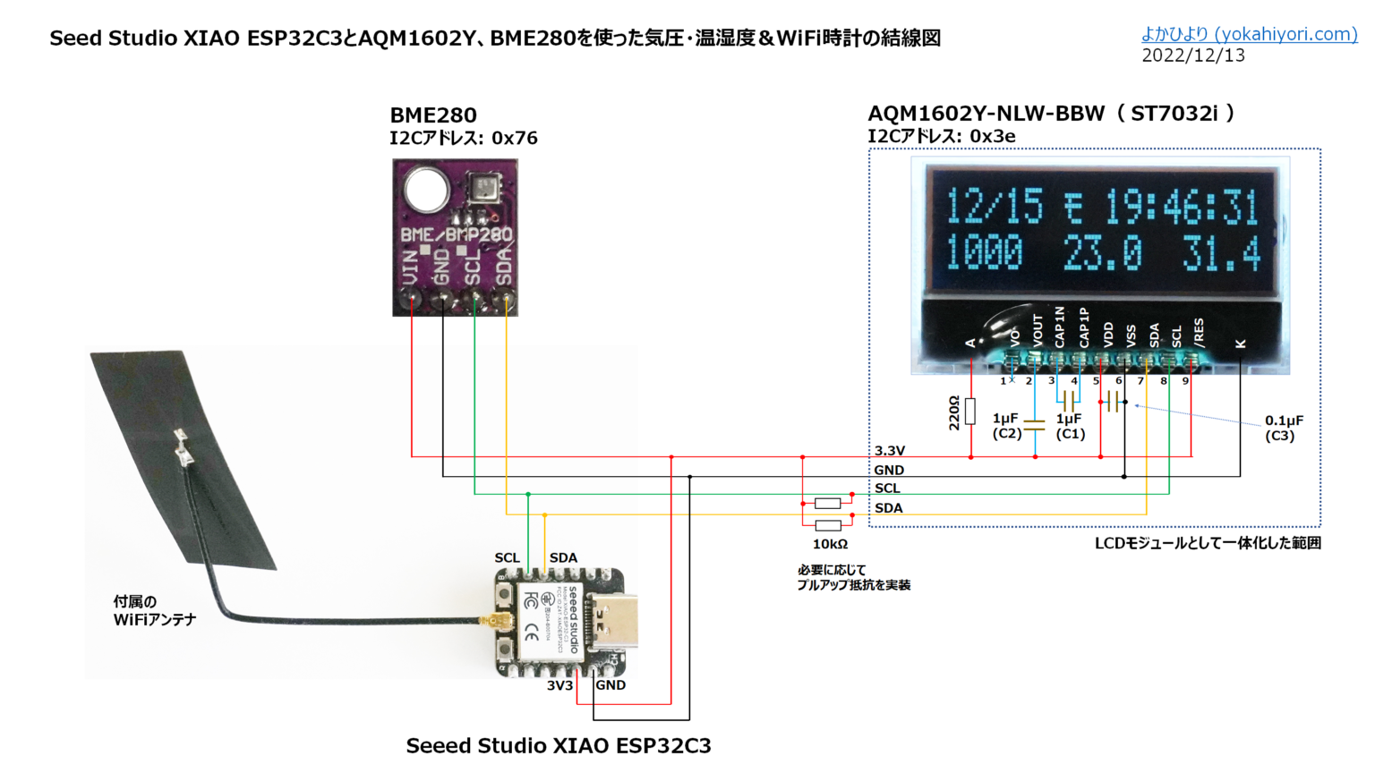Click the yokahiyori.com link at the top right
[x=1249, y=34]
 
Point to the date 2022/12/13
[x=1192, y=55]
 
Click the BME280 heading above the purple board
[x=433, y=115]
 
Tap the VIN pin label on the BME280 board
[x=410, y=267]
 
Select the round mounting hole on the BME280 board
[x=426, y=189]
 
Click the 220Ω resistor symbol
[x=970, y=412]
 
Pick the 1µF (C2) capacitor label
[x=1006, y=426]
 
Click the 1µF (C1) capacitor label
[x=1070, y=426]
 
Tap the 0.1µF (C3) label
[x=1283, y=428]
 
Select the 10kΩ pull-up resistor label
[x=830, y=544]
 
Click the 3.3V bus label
[x=889, y=451]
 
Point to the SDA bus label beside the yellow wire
[x=888, y=508]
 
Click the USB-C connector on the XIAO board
[x=617, y=622]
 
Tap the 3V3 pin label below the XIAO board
[x=559, y=685]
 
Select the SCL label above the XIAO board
[x=507, y=557]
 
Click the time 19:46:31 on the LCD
[x=1182, y=208]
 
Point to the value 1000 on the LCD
[x=985, y=253]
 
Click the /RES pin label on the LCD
[x=1199, y=332]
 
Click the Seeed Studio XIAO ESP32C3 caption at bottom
[x=558, y=745]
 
